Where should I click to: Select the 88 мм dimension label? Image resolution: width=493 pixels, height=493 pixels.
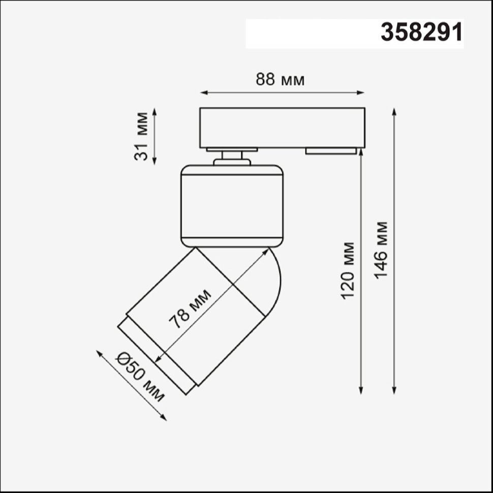[280, 80]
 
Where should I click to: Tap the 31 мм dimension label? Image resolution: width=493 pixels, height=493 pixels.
[141, 136]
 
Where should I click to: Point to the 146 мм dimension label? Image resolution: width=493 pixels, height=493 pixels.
[381, 250]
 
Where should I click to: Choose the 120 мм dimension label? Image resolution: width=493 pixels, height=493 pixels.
[348, 270]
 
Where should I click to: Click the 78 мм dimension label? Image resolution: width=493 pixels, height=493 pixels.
[190, 309]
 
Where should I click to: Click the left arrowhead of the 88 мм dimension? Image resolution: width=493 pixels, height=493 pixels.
[204, 93]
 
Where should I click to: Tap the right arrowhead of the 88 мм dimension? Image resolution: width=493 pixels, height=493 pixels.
[361, 93]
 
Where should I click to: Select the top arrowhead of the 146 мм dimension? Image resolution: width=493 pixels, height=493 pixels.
[394, 112]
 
